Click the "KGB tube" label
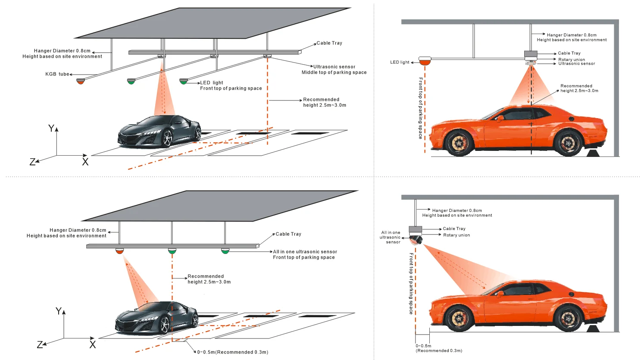[x=57, y=74]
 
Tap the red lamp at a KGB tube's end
[x=81, y=81]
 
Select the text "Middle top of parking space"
[x=334, y=72]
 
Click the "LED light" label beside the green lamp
[x=211, y=82]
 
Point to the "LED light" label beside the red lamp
[x=400, y=62]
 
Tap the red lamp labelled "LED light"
[x=425, y=61]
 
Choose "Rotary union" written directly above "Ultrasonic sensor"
[x=572, y=59]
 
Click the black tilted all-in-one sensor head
[x=416, y=240]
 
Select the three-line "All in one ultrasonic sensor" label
[x=391, y=237]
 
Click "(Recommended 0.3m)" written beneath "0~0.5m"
[x=439, y=351]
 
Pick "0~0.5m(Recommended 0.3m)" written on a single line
[x=233, y=352]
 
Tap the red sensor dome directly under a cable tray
[x=119, y=251]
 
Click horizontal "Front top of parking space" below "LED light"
[x=231, y=88]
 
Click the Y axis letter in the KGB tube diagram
[x=51, y=128]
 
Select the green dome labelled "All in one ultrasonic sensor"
[x=225, y=250]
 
